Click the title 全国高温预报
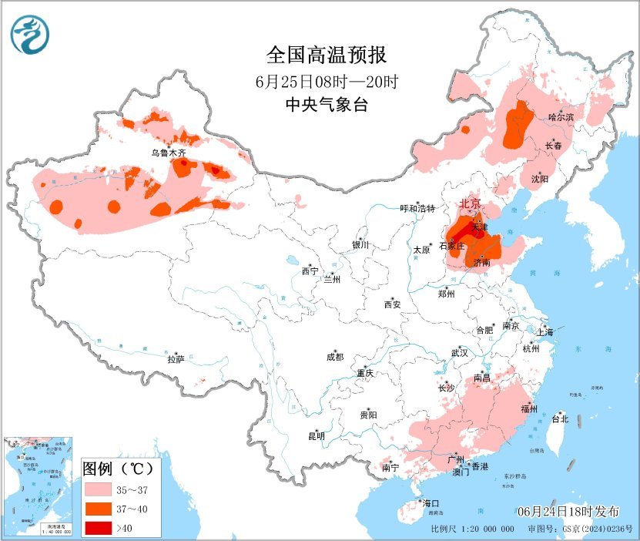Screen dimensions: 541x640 point(326,55)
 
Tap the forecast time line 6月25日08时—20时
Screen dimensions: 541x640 point(326,81)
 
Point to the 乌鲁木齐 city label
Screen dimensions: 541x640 point(168,153)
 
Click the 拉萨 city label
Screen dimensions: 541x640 point(176,358)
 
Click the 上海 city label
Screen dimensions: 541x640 point(545,332)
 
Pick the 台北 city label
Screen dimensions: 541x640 point(560,419)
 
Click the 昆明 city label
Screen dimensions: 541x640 point(317,436)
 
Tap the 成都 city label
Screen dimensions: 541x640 point(335,357)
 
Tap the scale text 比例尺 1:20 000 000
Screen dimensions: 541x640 point(472,529)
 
